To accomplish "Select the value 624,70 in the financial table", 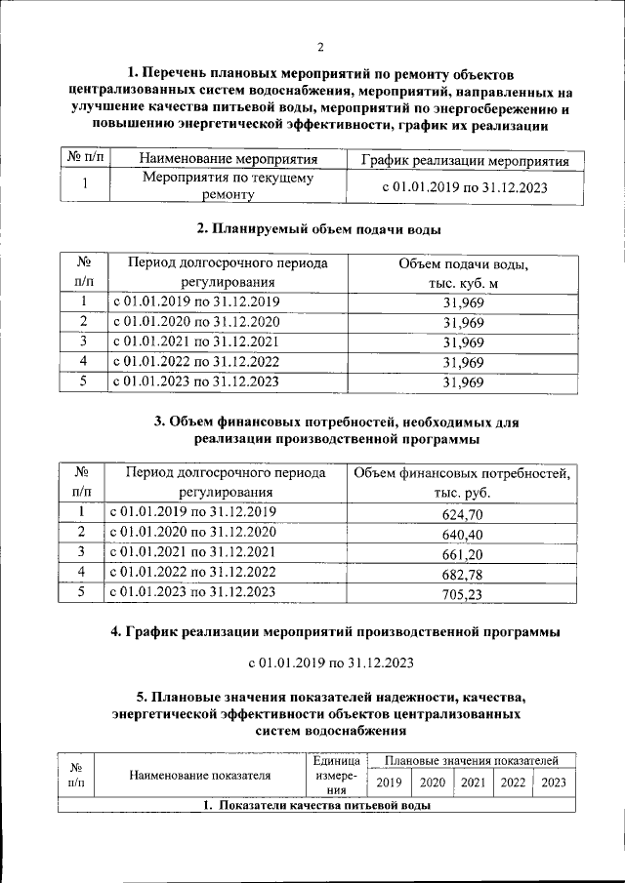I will (x=462, y=514).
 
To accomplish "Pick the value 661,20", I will (x=462, y=554).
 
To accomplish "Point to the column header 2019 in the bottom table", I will (x=389, y=782).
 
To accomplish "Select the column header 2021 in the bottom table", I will (x=474, y=782).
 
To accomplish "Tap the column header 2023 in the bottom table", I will (x=554, y=782).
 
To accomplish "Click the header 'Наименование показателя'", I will (x=198, y=776).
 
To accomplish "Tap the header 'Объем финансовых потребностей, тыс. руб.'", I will (x=462, y=483).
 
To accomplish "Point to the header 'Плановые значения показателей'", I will (x=471, y=760).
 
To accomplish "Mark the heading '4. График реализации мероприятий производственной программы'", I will (x=336, y=632).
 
